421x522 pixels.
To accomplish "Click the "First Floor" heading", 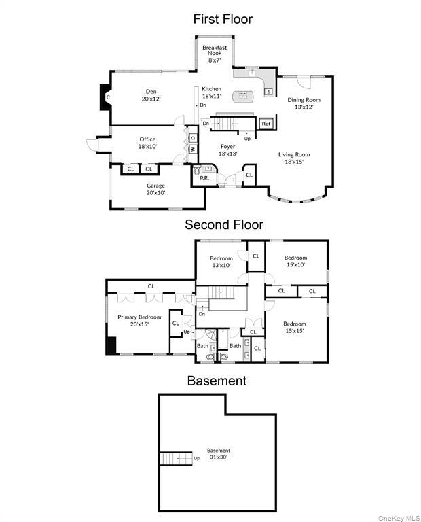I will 223,19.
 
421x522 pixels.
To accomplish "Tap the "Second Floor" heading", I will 223,224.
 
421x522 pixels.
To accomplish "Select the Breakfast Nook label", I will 215,53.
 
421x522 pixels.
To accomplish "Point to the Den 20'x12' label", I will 150,95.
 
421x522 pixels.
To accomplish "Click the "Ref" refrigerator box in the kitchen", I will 266,124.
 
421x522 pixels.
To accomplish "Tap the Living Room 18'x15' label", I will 294,158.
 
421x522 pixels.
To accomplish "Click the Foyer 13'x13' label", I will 227,150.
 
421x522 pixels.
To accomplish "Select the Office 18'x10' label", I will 147,143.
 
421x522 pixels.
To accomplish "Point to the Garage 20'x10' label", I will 156,188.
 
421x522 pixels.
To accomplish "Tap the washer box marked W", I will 192,149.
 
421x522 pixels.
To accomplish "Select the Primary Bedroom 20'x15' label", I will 139,320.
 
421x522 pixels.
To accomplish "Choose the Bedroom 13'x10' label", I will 221,261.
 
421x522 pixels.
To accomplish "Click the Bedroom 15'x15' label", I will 295,327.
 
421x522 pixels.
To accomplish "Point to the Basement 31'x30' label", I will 219,453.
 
